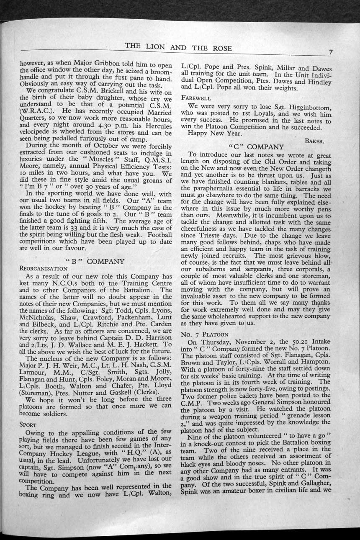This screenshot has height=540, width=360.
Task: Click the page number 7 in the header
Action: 331,52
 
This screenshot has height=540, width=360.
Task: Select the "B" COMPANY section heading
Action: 95,261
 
